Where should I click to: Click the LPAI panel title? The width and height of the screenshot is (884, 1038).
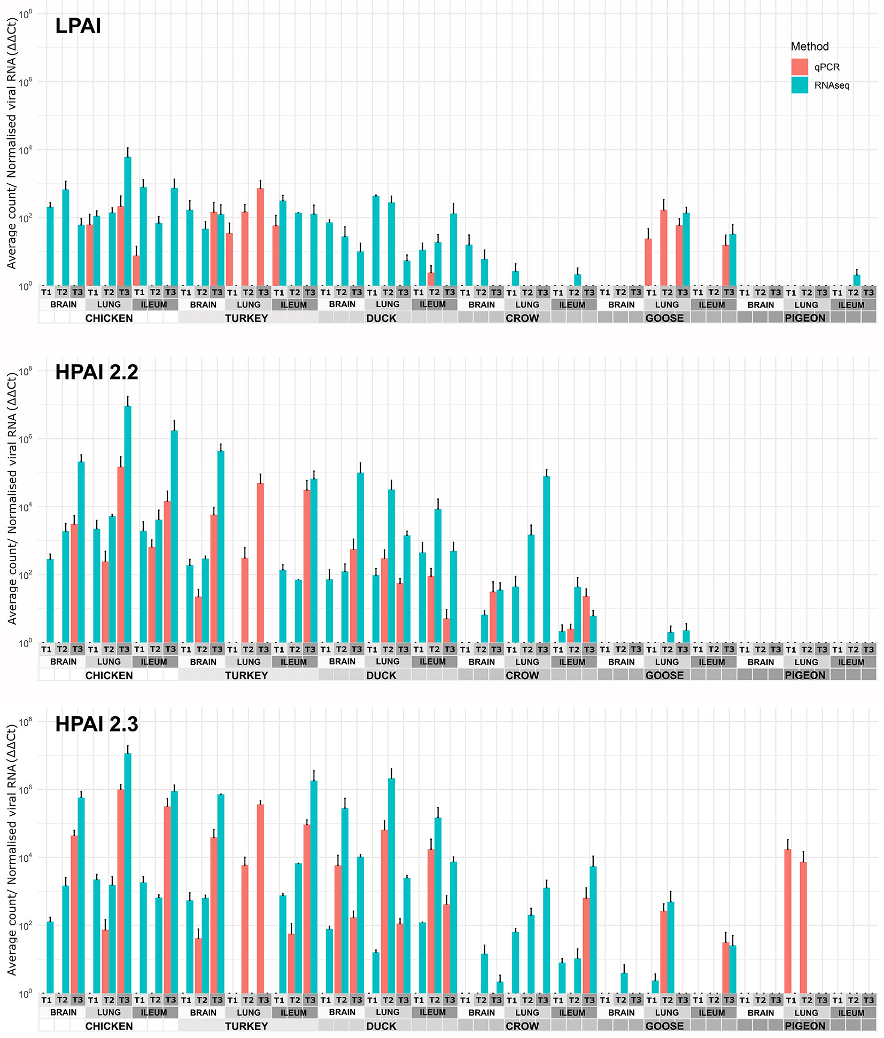click(x=78, y=26)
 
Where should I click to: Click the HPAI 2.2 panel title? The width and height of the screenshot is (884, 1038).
click(x=97, y=372)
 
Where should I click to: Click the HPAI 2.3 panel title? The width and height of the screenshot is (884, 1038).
click(x=97, y=724)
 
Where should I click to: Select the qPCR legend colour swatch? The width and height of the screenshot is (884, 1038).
click(x=800, y=67)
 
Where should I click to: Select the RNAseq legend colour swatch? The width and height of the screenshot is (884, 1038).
click(x=800, y=85)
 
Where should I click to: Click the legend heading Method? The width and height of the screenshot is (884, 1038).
click(x=809, y=46)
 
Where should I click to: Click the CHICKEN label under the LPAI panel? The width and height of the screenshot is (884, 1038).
click(x=109, y=318)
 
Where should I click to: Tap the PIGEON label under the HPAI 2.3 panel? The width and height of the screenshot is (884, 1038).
click(x=805, y=1026)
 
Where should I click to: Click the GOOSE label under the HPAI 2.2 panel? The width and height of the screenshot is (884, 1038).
click(x=664, y=675)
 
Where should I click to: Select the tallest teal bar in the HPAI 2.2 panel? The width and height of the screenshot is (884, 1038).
click(x=128, y=523)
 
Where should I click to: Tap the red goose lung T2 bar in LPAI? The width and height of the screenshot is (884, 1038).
click(x=664, y=248)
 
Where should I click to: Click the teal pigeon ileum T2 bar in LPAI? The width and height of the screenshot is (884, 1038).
click(x=857, y=280)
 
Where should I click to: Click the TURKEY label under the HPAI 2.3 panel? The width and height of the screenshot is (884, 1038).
click(x=246, y=1026)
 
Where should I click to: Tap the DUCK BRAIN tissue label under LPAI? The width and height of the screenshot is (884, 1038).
click(x=342, y=304)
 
